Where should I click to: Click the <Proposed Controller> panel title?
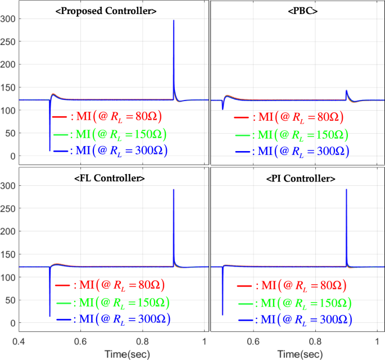114,11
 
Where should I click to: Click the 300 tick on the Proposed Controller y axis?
10,19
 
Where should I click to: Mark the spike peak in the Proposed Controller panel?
174,21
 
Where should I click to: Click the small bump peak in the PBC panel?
346,90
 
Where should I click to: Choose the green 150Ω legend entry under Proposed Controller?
108,134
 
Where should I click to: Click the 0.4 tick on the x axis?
20,341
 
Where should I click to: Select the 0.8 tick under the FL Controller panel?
143,341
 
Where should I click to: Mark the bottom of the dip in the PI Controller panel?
223,315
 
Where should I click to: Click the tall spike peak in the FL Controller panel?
174,190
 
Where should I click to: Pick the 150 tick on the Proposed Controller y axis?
10,87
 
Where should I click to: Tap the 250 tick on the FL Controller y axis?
10,208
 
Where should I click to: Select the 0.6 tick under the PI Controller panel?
254,341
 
